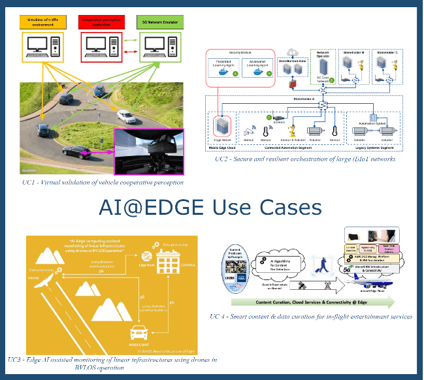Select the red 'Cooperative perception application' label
click(102, 24)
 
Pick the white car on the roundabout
click(126, 116)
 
